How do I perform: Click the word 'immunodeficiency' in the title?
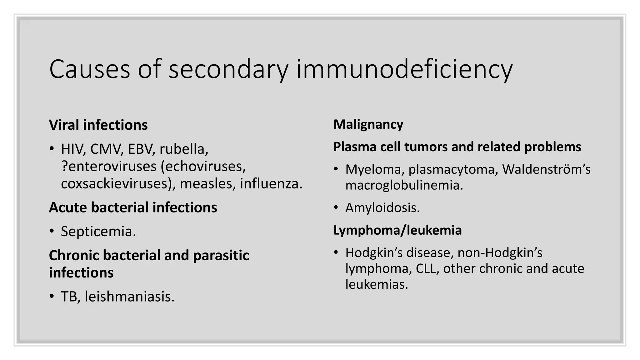click(x=404, y=69)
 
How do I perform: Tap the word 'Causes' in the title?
click(x=89, y=69)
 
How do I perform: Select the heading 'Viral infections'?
click(x=98, y=125)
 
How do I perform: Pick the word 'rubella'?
click(x=183, y=149)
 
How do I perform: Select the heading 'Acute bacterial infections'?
click(x=133, y=207)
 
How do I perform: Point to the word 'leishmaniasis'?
click(x=129, y=297)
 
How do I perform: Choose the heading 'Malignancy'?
click(x=368, y=124)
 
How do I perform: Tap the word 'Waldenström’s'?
click(x=546, y=169)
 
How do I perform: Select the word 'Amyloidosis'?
click(x=382, y=208)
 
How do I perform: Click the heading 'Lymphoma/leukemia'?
click(x=397, y=230)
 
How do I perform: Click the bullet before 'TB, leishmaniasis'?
click(x=52, y=297)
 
